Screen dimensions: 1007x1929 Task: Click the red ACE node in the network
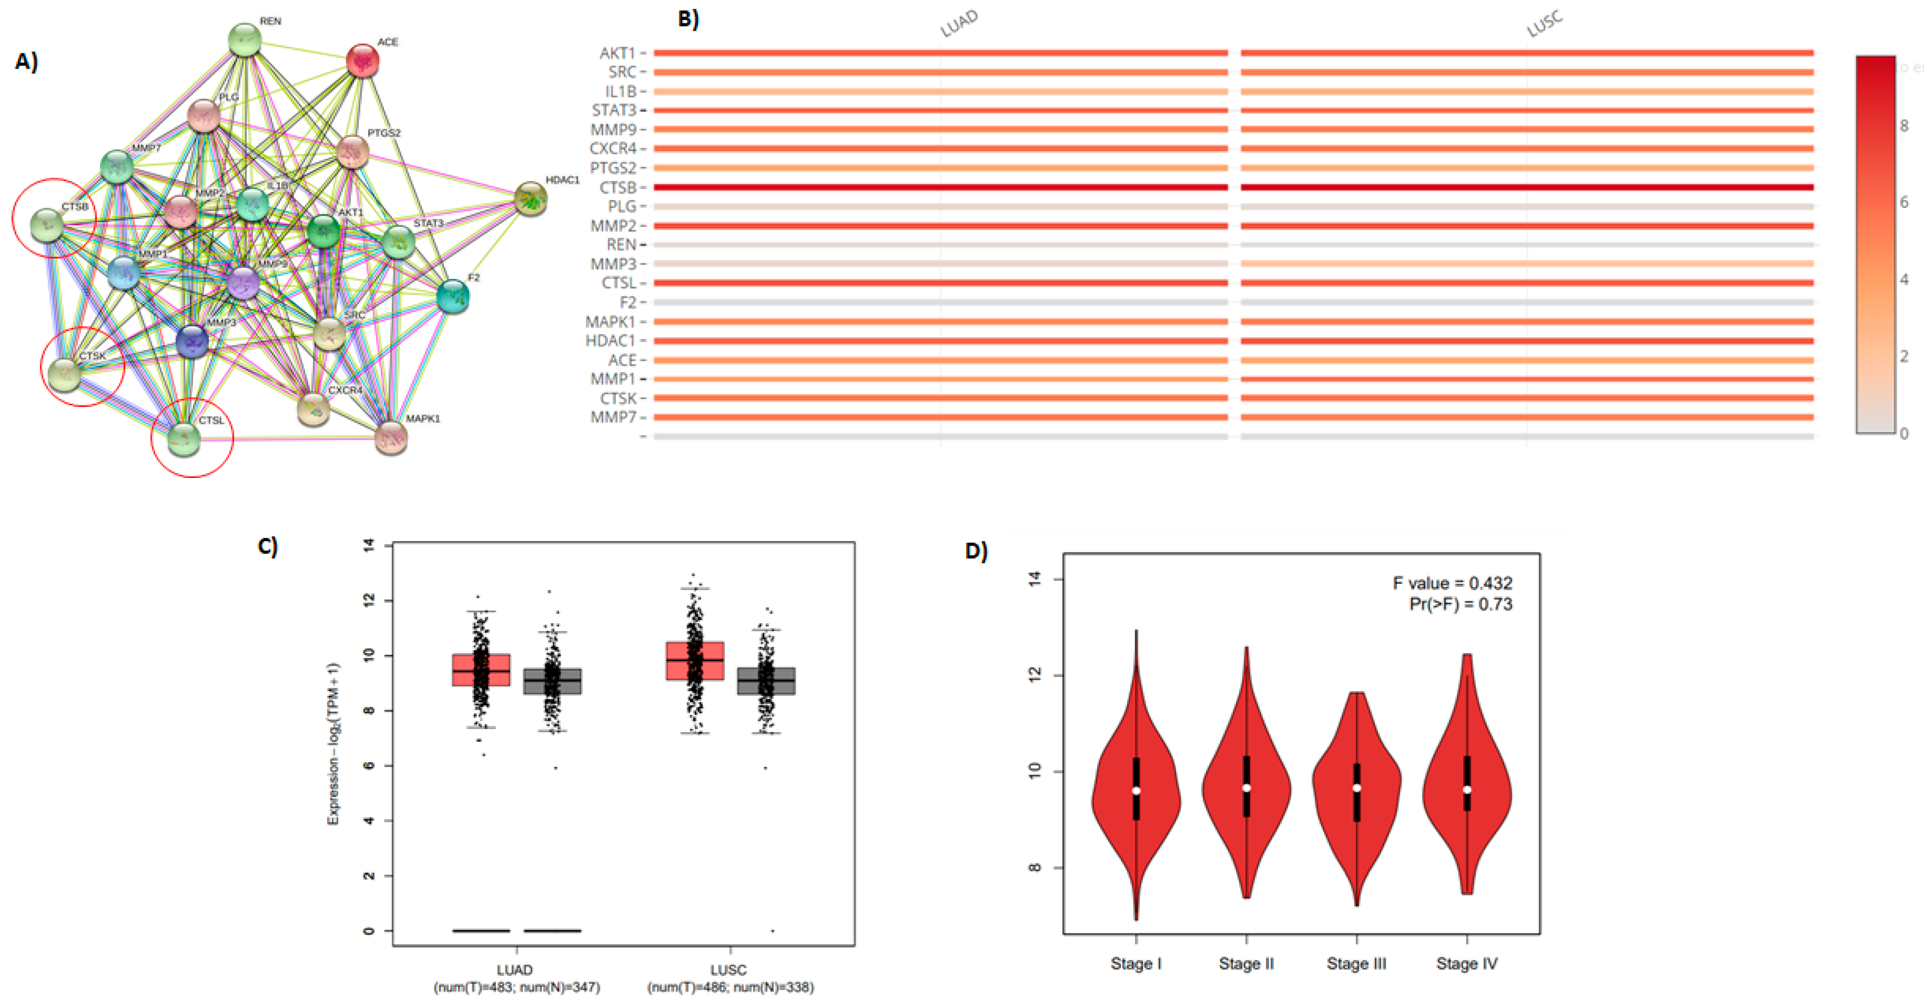pyautogui.click(x=362, y=61)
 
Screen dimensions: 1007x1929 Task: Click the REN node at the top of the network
pyautogui.click(x=244, y=40)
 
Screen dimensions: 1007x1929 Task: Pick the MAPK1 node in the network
pyautogui.click(x=390, y=438)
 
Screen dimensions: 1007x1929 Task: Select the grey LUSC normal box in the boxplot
pyautogui.click(x=766, y=680)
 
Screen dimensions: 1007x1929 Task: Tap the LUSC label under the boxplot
pyautogui.click(x=728, y=969)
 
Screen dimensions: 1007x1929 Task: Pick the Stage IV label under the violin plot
pyautogui.click(x=1466, y=964)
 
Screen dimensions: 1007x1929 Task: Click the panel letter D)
pyautogui.click(x=976, y=551)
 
